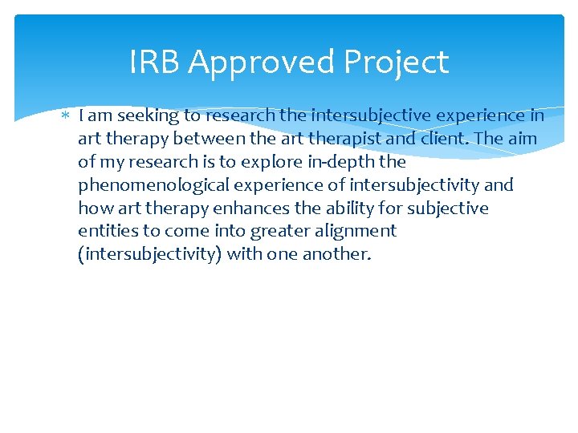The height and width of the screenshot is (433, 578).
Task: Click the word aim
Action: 522,139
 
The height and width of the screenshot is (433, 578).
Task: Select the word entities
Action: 107,232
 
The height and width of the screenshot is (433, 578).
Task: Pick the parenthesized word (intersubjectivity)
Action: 150,255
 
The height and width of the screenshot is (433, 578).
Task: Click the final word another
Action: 336,255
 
